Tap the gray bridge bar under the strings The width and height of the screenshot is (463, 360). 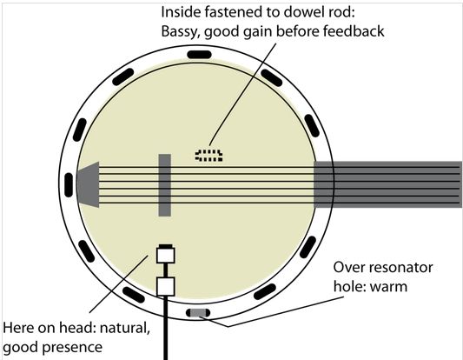[165, 185]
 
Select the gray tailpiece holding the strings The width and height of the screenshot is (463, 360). [88, 184]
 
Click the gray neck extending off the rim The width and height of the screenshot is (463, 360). [387, 184]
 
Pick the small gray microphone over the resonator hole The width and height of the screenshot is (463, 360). [198, 312]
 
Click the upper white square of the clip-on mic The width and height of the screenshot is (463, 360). [166, 256]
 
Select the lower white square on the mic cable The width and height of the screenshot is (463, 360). [166, 286]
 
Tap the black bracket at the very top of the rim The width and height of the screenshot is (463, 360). [199, 55]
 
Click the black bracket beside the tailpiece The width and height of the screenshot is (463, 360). [69, 185]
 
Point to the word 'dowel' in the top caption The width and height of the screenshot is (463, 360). [301, 12]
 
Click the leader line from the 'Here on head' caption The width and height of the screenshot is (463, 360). [119, 283]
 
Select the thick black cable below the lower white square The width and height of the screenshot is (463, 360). [166, 328]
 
